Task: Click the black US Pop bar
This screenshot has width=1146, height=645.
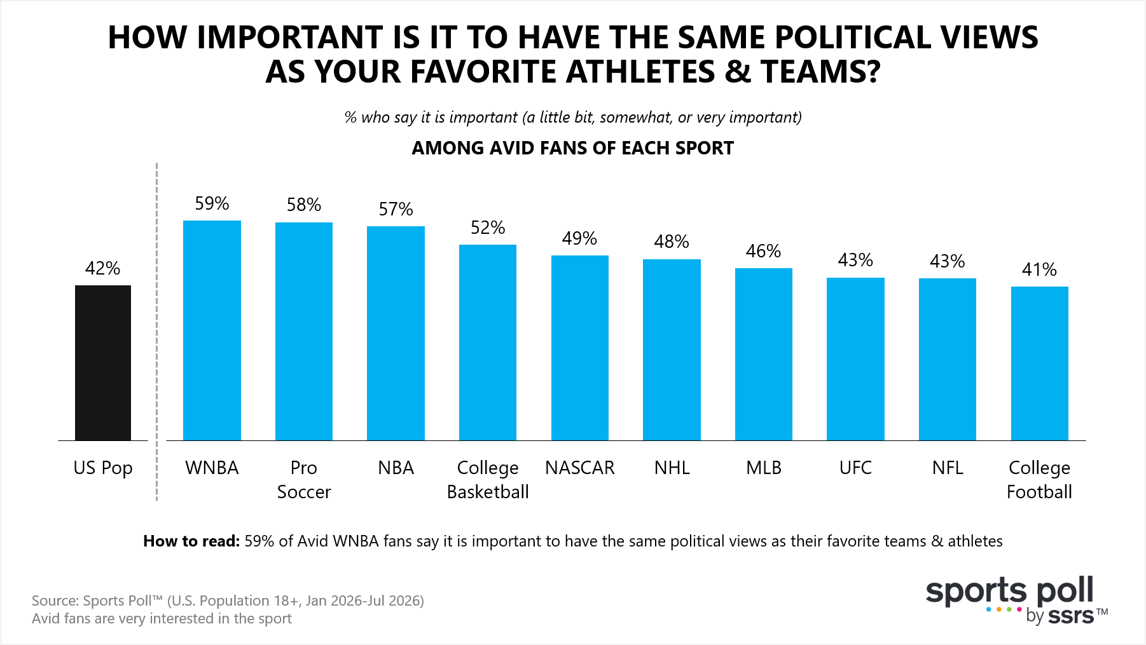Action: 103,363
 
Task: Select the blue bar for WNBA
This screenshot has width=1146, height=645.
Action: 212,330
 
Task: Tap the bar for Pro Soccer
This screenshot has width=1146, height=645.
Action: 304,331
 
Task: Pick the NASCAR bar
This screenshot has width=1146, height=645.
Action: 580,348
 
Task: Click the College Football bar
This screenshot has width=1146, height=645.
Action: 1040,363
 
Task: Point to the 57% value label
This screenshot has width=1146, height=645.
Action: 396,209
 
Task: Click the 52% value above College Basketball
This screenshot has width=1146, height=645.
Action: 488,227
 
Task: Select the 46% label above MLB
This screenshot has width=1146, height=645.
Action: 764,251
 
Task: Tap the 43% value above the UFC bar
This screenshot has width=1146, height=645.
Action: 855,260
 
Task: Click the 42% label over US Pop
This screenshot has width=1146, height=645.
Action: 103,268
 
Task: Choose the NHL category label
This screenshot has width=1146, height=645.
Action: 672,468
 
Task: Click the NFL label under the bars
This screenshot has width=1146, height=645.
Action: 948,468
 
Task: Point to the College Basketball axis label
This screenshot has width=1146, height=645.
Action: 488,480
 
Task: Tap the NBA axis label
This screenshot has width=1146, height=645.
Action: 396,468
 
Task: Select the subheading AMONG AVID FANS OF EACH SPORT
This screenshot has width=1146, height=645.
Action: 573,148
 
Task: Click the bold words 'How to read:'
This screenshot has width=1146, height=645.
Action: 191,541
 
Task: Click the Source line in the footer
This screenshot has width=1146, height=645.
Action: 228,601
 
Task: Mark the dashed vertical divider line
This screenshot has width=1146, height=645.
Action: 156,332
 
